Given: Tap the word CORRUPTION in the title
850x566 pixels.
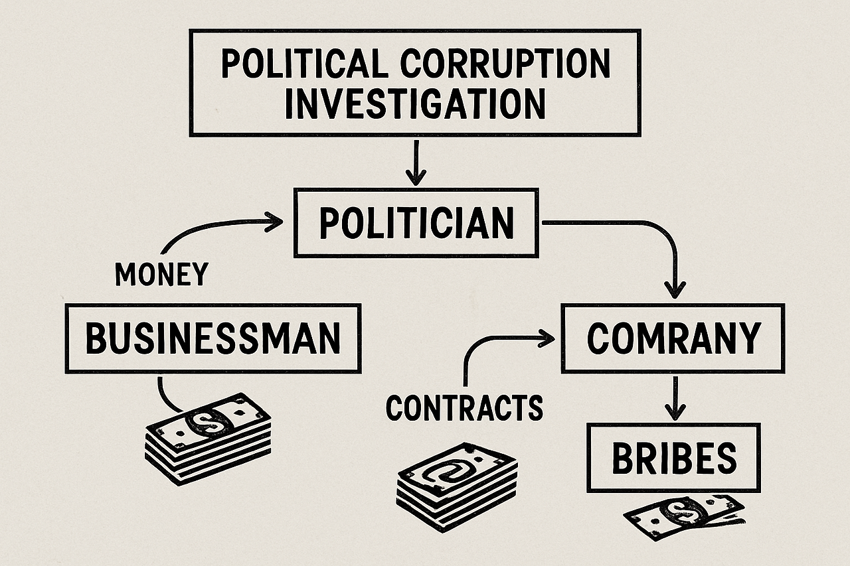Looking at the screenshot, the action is (x=506, y=64).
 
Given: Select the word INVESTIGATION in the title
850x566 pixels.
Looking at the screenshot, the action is (x=415, y=104).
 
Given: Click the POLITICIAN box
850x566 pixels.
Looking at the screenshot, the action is (x=416, y=224).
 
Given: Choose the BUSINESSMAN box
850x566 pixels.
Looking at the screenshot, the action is (x=213, y=338).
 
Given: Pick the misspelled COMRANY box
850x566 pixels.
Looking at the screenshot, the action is (x=673, y=338).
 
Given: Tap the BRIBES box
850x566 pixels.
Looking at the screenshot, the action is (x=674, y=458).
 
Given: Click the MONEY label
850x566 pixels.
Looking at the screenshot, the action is (x=161, y=273).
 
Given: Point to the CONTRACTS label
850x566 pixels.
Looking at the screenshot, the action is (x=464, y=407).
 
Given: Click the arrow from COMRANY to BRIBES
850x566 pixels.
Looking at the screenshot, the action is (x=675, y=398).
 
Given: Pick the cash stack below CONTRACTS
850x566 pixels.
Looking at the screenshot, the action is (x=457, y=486).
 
